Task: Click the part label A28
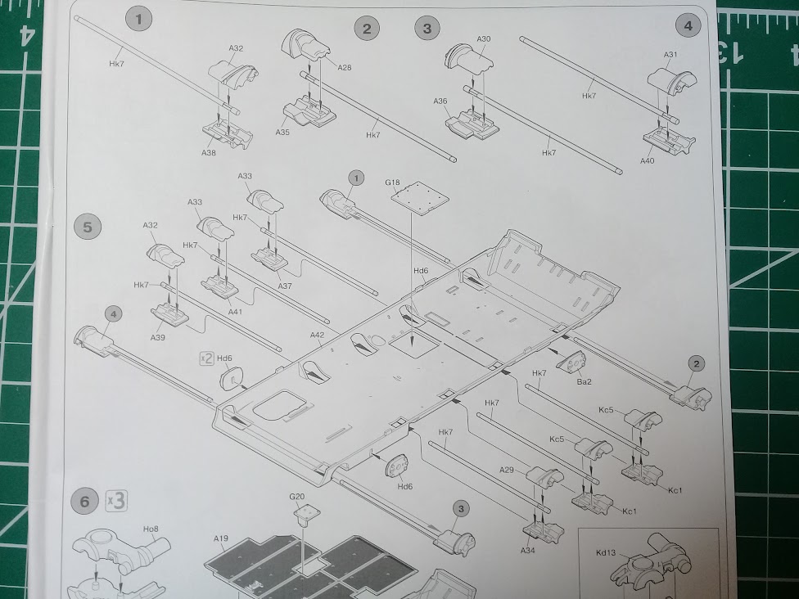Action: (345, 67)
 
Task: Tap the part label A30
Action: (484, 38)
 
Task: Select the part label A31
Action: (670, 55)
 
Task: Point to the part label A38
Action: (209, 152)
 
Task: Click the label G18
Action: (392, 182)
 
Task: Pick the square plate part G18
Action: (421, 198)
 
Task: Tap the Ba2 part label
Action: (584, 381)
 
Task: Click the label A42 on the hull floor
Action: (317, 335)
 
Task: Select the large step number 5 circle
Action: (88, 227)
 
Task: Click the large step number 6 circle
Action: (84, 502)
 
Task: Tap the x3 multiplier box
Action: (116, 501)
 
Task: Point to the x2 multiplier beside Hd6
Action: (206, 358)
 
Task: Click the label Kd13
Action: (606, 552)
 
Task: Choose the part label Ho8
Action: (151, 529)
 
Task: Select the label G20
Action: (296, 497)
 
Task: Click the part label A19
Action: (221, 538)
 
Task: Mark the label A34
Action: (528, 550)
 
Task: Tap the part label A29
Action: (507, 470)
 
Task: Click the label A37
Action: (285, 286)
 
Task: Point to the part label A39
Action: (158, 337)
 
